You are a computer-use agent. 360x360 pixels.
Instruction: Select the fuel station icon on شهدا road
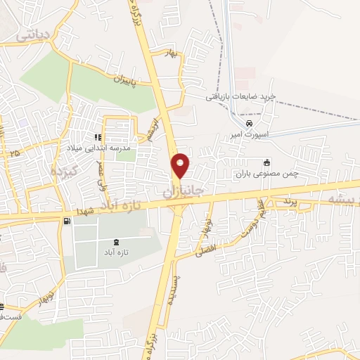pos(67,221)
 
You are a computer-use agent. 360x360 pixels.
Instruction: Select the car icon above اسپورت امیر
pos(250,122)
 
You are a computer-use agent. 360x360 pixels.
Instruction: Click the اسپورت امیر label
pos(249,132)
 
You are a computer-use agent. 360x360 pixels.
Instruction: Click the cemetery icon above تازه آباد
pos(115,241)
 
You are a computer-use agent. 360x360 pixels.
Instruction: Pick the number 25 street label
pos(15,152)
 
